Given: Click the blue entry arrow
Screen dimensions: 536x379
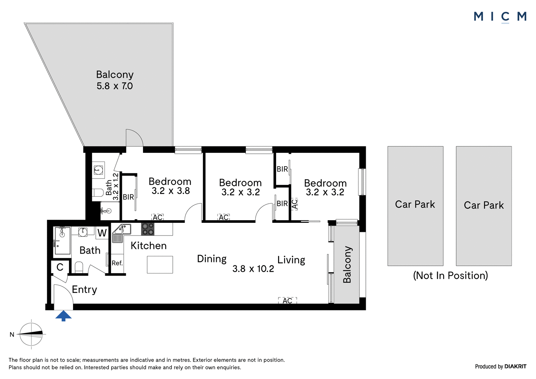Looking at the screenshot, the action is pos(63,316).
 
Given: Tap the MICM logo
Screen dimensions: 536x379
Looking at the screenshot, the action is pos(500,17).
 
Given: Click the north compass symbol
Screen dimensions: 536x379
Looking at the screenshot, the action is pos(31,334).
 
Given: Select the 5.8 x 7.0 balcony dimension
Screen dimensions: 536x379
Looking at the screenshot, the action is pos(115,86).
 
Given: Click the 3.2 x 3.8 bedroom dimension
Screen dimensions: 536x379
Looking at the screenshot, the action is pos(171,191).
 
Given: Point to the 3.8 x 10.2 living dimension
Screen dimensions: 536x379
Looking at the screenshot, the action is pos(253,269).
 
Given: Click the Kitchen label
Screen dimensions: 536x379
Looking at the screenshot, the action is pos(149,246).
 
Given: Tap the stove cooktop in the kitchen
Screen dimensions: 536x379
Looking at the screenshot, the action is pos(148,229).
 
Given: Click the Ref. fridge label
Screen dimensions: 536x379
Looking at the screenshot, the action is pos(117,263).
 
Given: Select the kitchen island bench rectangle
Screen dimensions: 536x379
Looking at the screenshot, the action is pos(160,264).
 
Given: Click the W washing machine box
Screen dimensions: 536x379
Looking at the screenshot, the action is pos(102,233).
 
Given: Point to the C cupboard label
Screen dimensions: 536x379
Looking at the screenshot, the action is pos(60,267).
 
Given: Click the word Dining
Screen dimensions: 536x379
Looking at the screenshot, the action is pos(212,259).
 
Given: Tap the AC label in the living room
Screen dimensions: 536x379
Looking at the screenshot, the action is pos(287,301).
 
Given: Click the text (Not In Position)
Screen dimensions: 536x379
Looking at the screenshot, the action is pos(450,275).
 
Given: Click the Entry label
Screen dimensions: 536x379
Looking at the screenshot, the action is pos(84,290).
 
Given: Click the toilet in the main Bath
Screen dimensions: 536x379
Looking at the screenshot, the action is pos(79,267).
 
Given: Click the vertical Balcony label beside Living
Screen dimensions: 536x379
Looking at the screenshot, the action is pos(347,264).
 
